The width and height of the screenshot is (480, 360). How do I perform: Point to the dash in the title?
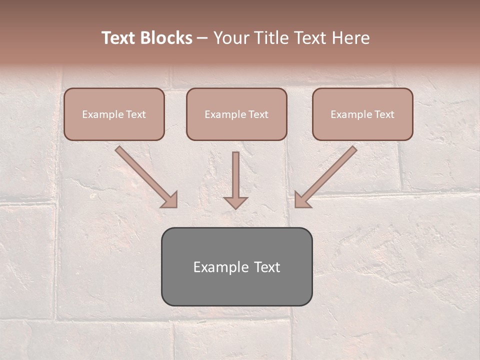tap(203, 38)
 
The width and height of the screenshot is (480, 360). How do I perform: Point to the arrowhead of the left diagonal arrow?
tap(170, 200)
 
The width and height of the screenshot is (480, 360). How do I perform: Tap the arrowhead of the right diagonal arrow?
tap(302, 200)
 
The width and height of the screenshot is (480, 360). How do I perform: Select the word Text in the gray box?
tap(266, 267)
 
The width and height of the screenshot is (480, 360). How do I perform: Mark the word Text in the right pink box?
tap(384, 114)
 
